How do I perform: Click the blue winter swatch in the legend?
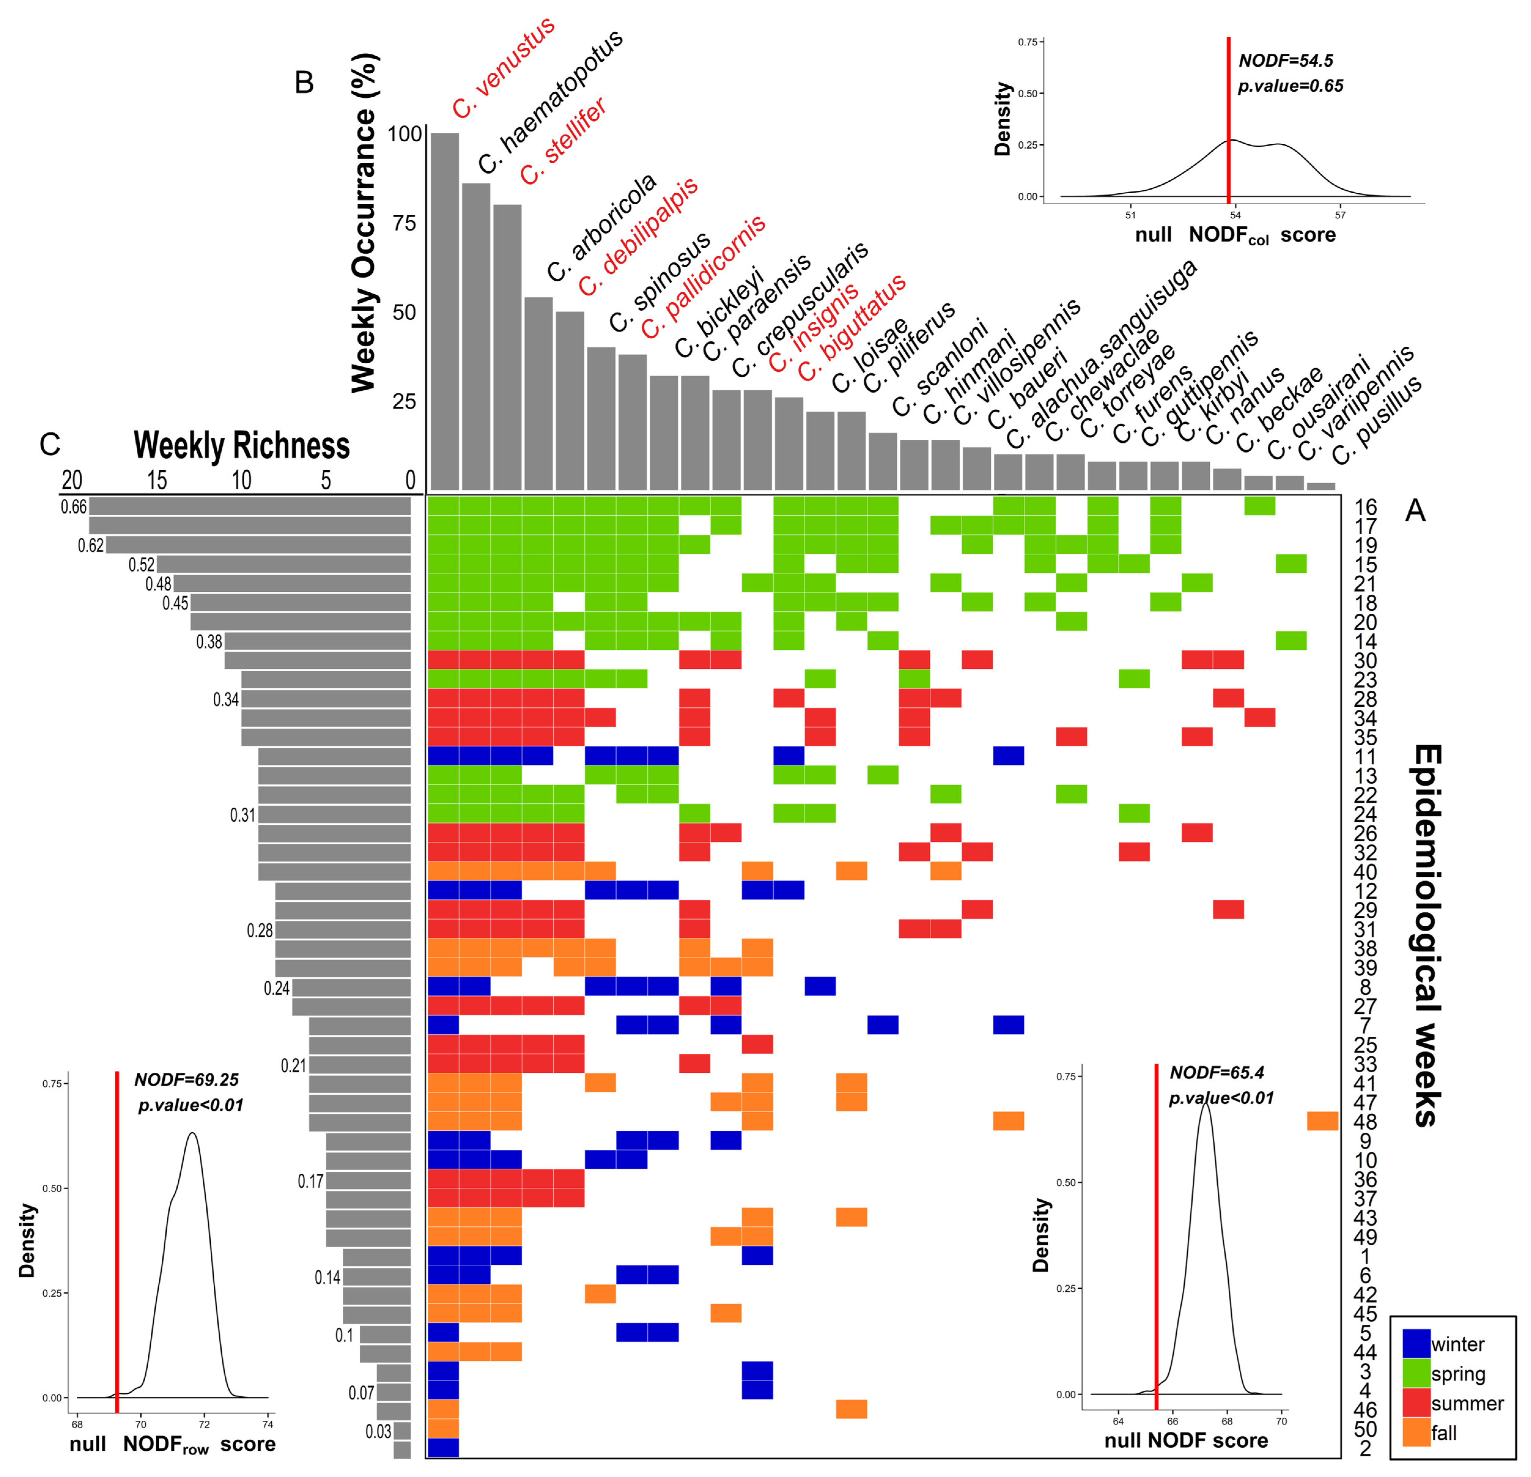pyautogui.click(x=1416, y=1343)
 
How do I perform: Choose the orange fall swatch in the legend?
pyautogui.click(x=1416, y=1432)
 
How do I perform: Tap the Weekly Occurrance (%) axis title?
pyautogui.click(x=364, y=223)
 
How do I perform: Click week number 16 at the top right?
pyautogui.click(x=1365, y=508)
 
